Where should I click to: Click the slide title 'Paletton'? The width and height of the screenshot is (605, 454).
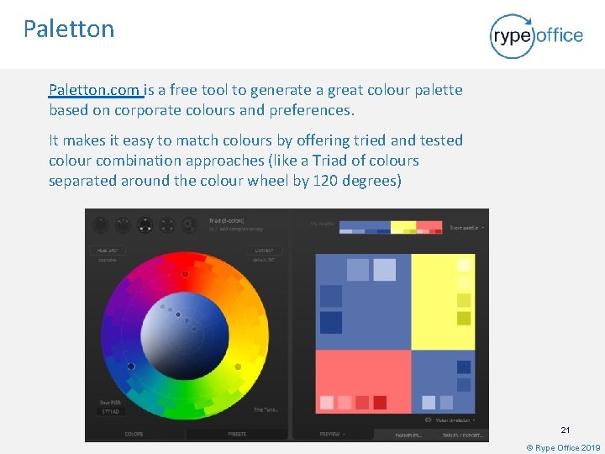[69, 29]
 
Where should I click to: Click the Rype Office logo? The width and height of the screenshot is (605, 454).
[536, 35]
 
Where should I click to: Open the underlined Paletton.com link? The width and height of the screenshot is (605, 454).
[95, 90]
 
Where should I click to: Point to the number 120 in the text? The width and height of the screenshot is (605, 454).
[326, 181]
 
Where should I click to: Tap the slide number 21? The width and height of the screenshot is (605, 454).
[565, 430]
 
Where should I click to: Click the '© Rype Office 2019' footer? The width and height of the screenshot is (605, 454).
[563, 448]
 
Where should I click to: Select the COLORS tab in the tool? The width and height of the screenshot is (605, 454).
[134, 434]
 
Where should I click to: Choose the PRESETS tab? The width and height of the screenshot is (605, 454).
[237, 434]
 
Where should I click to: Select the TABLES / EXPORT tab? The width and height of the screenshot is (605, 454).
[463, 435]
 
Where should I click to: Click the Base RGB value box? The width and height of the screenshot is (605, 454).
[111, 412]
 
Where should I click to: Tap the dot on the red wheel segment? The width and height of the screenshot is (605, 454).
[185, 275]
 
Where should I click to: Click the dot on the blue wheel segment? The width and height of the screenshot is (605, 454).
[131, 367]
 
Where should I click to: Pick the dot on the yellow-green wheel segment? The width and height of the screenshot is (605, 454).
[238, 367]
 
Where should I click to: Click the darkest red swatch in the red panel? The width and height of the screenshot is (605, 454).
[380, 402]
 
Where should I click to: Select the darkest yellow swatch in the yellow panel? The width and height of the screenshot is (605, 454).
[464, 318]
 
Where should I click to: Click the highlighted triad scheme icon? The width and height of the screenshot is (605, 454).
[145, 225]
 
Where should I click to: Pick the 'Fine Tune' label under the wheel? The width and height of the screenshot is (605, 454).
[266, 409]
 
